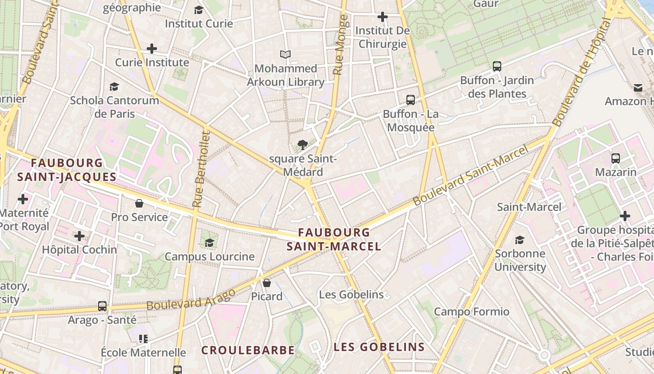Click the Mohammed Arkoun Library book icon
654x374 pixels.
point(285,54)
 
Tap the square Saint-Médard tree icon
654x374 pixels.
point(303,145)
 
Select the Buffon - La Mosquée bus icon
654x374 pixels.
point(411,100)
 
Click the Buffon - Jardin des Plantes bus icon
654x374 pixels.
point(497,66)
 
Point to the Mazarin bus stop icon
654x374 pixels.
point(616,158)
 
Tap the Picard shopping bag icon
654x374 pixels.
point(267,282)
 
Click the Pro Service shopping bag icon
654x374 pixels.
point(139,203)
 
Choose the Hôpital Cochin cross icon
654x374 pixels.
point(79,236)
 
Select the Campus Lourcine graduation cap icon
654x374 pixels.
point(209,243)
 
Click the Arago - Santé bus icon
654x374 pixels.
point(102,306)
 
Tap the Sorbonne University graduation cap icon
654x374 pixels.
point(519,240)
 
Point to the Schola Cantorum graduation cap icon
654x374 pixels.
point(114,86)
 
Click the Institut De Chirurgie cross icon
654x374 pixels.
point(383,17)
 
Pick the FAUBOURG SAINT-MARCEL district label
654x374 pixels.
point(334,239)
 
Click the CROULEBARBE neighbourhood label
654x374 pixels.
point(248,350)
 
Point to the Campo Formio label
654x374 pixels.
point(471,311)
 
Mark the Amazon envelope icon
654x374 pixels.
point(638,87)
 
